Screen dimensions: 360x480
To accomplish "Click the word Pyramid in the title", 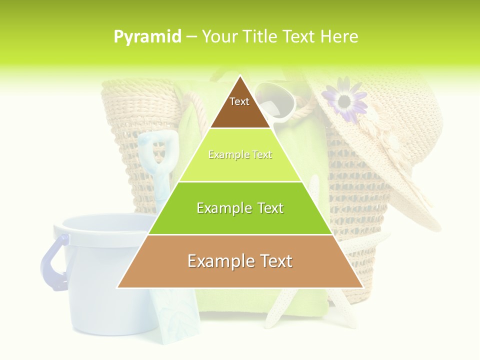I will point(147,36).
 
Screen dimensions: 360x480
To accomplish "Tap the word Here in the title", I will point(339,36).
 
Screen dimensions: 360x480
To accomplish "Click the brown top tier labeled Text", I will point(240,107).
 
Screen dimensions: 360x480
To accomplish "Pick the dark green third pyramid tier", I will point(240,220).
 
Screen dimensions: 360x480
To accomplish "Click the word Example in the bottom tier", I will point(219,261).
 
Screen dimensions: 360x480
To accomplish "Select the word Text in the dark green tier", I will point(268,208).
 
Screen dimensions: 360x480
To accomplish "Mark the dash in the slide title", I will point(191,36).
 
